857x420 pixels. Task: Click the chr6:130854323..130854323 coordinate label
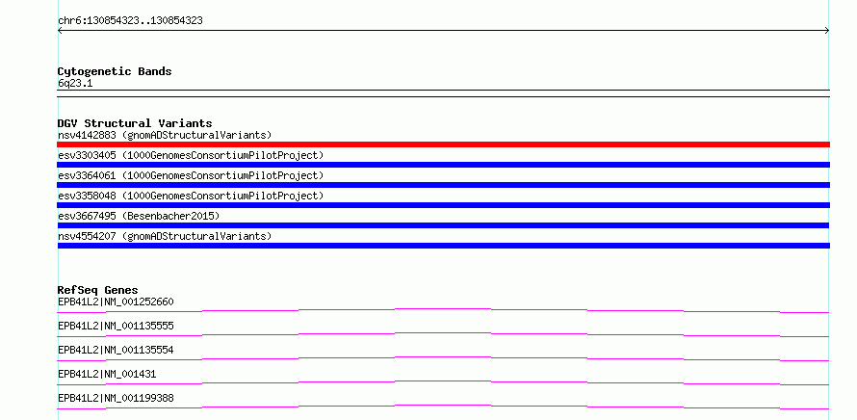coord(130,21)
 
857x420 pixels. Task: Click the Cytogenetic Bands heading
coord(115,71)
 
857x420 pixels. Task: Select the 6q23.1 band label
coord(75,84)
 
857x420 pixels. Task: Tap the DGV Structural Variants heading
coord(135,123)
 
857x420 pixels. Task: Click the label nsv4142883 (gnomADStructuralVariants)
coord(165,135)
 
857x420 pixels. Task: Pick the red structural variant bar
coord(443,144)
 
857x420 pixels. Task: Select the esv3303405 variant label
coord(191,155)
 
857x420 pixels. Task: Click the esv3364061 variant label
coord(191,175)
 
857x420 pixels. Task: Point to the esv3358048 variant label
coord(191,196)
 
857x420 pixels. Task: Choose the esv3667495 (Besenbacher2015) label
coord(139,216)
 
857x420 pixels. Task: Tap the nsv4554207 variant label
coord(165,236)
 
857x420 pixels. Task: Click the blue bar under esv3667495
coord(443,225)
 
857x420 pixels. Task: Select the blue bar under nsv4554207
coord(443,246)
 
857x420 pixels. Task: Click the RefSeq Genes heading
coord(98,290)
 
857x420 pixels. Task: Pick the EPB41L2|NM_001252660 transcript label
coord(116,302)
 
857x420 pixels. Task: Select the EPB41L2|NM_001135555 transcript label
coord(116,326)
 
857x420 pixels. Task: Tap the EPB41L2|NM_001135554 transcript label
coord(116,350)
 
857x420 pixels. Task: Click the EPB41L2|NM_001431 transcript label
coord(107,374)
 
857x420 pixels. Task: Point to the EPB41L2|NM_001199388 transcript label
coord(116,398)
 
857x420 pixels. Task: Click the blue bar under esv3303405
coord(443,165)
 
